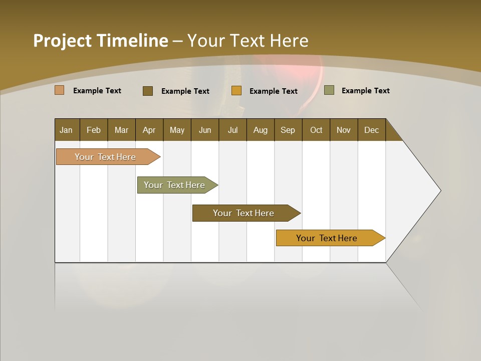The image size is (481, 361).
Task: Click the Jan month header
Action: (67, 130)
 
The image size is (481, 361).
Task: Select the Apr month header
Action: (149, 130)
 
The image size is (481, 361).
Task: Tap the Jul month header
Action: (232, 130)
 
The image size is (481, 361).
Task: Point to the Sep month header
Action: (288, 130)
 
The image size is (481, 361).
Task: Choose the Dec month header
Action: (371, 130)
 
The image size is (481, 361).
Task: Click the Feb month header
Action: (94, 130)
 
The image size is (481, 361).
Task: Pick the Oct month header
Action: (316, 130)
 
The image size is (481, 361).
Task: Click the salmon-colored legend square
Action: (60, 90)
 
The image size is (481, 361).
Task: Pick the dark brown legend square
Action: (148, 91)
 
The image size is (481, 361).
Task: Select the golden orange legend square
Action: (236, 91)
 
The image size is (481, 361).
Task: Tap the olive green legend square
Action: (329, 90)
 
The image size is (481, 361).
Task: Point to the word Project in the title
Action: (63, 41)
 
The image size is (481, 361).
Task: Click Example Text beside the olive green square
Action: (365, 90)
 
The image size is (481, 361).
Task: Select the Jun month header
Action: (205, 130)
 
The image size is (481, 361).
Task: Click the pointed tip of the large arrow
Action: (439, 191)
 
